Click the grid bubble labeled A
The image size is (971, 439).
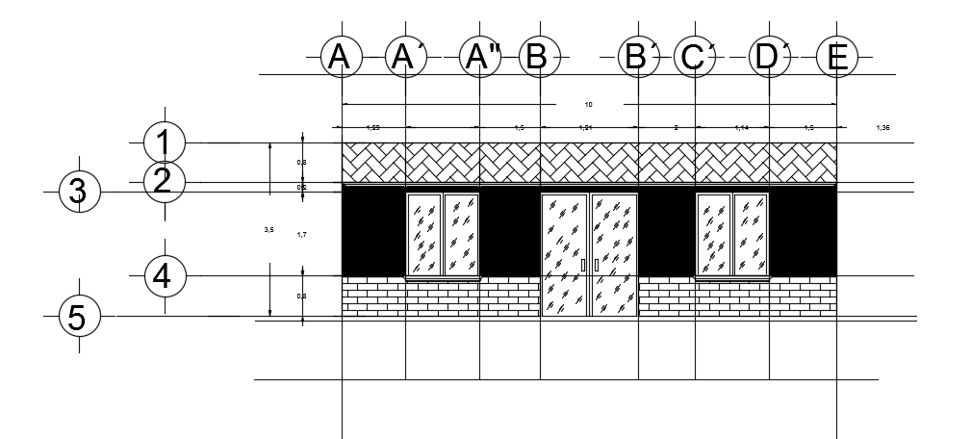pyautogui.click(x=340, y=59)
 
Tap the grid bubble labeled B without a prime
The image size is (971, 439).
pyautogui.click(x=539, y=59)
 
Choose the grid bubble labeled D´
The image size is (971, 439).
pyautogui.click(x=770, y=59)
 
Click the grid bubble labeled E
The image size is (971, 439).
pyautogui.click(x=836, y=59)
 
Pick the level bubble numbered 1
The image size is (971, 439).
pyautogui.click(x=164, y=142)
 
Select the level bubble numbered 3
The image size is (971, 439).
pyautogui.click(x=79, y=191)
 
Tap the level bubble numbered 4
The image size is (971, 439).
pyautogui.click(x=164, y=276)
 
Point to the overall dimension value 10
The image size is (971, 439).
pyautogui.click(x=589, y=103)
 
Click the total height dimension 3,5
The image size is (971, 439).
pyautogui.click(x=268, y=229)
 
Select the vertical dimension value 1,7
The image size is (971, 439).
pyautogui.click(x=301, y=234)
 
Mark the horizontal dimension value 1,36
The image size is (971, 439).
pyautogui.click(x=883, y=127)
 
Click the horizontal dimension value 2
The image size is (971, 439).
pyautogui.click(x=676, y=127)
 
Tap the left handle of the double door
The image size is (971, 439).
pyautogui.click(x=583, y=265)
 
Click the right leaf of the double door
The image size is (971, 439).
pyautogui.click(x=613, y=254)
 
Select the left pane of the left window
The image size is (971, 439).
pyautogui.click(x=424, y=234)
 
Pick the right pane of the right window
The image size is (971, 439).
pyautogui.click(x=751, y=234)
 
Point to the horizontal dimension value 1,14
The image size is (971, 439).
pyautogui.click(x=741, y=127)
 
